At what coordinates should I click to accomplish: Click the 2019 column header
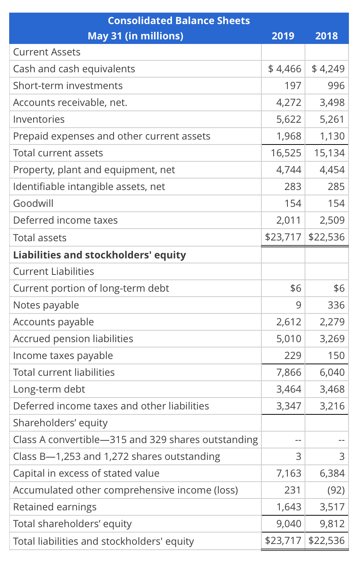[283, 36]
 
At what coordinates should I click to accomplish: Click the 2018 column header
[326, 36]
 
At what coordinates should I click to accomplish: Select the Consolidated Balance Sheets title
[179, 21]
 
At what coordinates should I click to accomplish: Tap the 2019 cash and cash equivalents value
[285, 69]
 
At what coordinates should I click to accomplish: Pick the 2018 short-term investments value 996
[336, 86]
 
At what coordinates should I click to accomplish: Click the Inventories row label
[39, 119]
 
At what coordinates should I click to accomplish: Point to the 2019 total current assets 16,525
[286, 153]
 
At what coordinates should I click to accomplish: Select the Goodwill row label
[33, 203]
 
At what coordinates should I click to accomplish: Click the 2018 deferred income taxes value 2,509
[332, 220]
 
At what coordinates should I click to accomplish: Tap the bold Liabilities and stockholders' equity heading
[99, 255]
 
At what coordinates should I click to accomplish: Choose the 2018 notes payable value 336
[336, 305]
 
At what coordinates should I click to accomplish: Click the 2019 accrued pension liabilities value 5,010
[289, 339]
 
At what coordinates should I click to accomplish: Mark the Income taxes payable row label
[63, 356]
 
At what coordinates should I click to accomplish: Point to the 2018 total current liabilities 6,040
[332, 372]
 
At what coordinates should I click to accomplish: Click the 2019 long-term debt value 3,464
[289, 389]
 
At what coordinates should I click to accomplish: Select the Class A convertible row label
[135, 440]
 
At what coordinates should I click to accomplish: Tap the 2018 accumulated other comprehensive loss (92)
[336, 490]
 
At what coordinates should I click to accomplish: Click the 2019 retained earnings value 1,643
[289, 507]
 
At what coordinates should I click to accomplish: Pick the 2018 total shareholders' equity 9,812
[332, 524]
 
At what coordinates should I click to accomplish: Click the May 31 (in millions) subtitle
[135, 36]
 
